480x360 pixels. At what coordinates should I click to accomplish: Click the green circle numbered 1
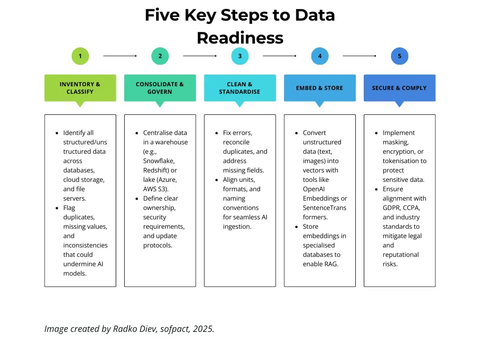[x=80, y=56]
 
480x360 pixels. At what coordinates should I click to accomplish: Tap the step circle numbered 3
[x=240, y=56]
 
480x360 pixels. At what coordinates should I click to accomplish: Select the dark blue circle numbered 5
[x=399, y=56]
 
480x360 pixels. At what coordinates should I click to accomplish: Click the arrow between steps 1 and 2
[x=120, y=56]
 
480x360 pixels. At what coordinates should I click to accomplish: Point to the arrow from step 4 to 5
[x=360, y=56]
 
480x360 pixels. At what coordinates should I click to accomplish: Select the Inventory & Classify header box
[x=80, y=88]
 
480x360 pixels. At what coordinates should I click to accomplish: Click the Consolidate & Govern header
[x=160, y=88]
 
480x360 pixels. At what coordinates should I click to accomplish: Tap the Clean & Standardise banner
[x=240, y=88]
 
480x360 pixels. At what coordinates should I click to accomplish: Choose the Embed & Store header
[x=320, y=88]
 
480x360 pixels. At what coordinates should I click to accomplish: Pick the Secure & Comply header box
[x=399, y=88]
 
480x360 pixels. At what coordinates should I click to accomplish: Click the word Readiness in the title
[x=240, y=37]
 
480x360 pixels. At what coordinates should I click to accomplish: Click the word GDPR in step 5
[x=393, y=208]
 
